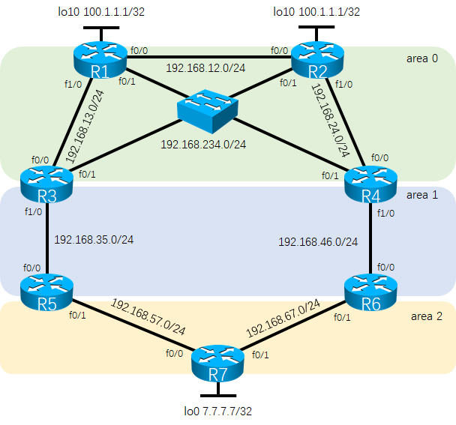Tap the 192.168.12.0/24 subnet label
(x=207, y=68)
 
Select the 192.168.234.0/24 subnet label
(x=203, y=145)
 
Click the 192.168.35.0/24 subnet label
(x=94, y=241)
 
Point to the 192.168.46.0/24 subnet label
(x=318, y=241)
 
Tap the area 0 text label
(x=421, y=58)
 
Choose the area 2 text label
(x=427, y=316)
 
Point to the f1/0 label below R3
(x=34, y=212)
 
